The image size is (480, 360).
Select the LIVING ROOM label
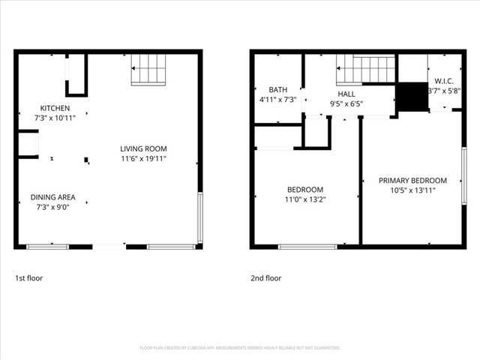click(x=143, y=148)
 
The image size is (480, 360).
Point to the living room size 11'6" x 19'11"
click(x=143, y=159)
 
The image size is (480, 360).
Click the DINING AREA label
click(x=52, y=197)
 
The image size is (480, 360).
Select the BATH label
click(x=278, y=88)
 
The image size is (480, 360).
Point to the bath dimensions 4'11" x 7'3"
click(x=278, y=99)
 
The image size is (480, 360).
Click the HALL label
click(x=346, y=94)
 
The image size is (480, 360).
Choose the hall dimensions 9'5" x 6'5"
click(x=346, y=104)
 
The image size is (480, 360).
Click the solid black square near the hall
click(x=410, y=97)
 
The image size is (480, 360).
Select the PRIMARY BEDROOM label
click(x=412, y=181)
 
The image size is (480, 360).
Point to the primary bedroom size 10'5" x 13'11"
click(x=412, y=190)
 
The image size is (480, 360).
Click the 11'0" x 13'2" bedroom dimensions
click(x=304, y=199)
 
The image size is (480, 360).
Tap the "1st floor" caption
click(x=29, y=278)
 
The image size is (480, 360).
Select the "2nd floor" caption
click(x=266, y=278)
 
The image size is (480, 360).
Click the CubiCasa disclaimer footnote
click(x=240, y=348)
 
